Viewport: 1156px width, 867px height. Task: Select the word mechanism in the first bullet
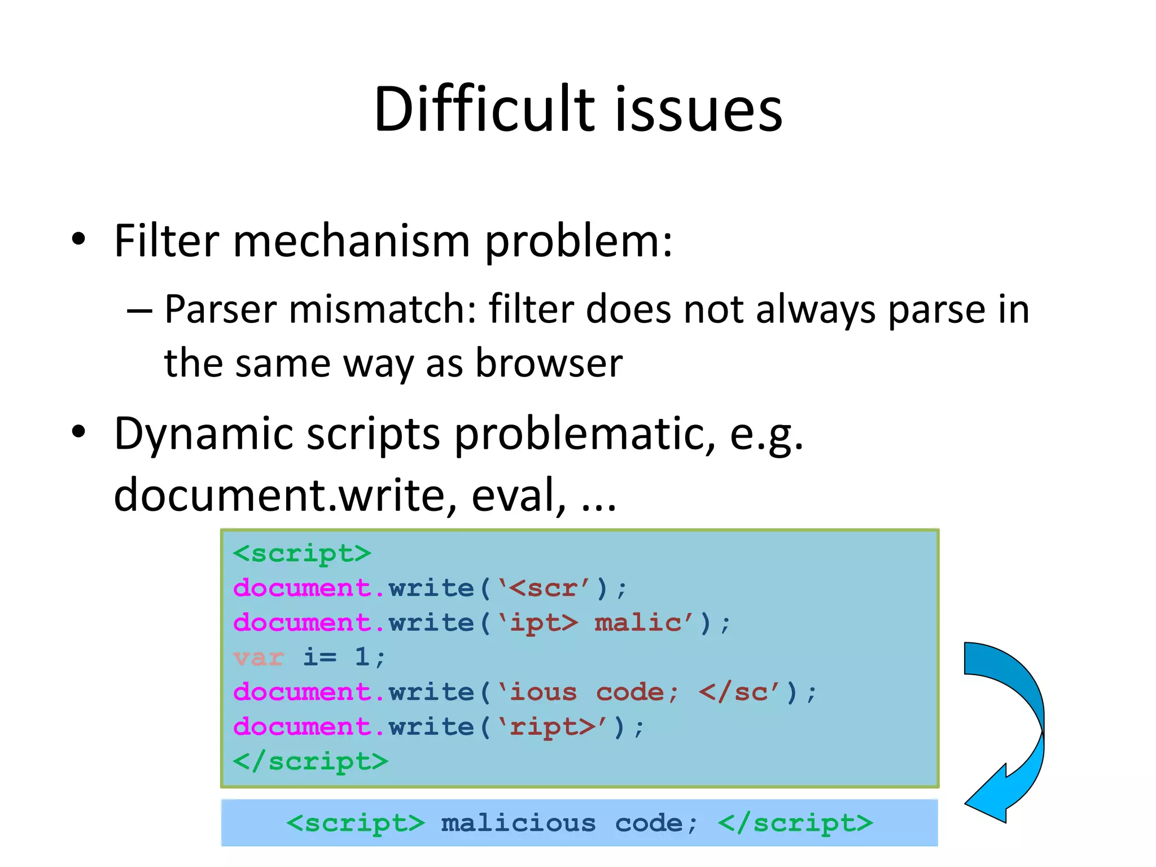(351, 242)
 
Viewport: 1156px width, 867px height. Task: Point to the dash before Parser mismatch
(139, 311)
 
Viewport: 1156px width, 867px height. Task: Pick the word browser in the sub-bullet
(549, 363)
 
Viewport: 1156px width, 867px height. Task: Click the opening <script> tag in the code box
(302, 554)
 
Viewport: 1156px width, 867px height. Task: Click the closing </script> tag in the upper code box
(310, 762)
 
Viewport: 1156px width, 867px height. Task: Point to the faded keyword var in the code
(259, 658)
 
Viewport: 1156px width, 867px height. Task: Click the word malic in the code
(638, 623)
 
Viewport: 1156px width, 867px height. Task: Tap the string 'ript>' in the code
(553, 727)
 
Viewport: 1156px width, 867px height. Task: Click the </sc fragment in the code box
(733, 693)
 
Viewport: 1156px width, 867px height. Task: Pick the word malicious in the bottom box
(518, 824)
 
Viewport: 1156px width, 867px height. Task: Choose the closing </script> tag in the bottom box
(795, 824)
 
